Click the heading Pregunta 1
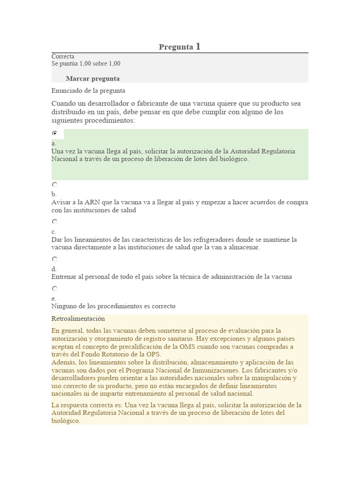tap(180, 46)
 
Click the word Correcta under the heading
tap(63, 56)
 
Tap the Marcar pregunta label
tap(93, 78)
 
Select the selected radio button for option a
tap(55, 134)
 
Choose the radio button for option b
tap(55, 185)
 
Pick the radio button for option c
tap(55, 222)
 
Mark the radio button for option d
tap(55, 259)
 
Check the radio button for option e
tap(55, 289)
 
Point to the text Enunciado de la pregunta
tap(88, 90)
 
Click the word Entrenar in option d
tap(64, 277)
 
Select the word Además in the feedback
tap(64, 362)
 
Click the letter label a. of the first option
tap(54, 143)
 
